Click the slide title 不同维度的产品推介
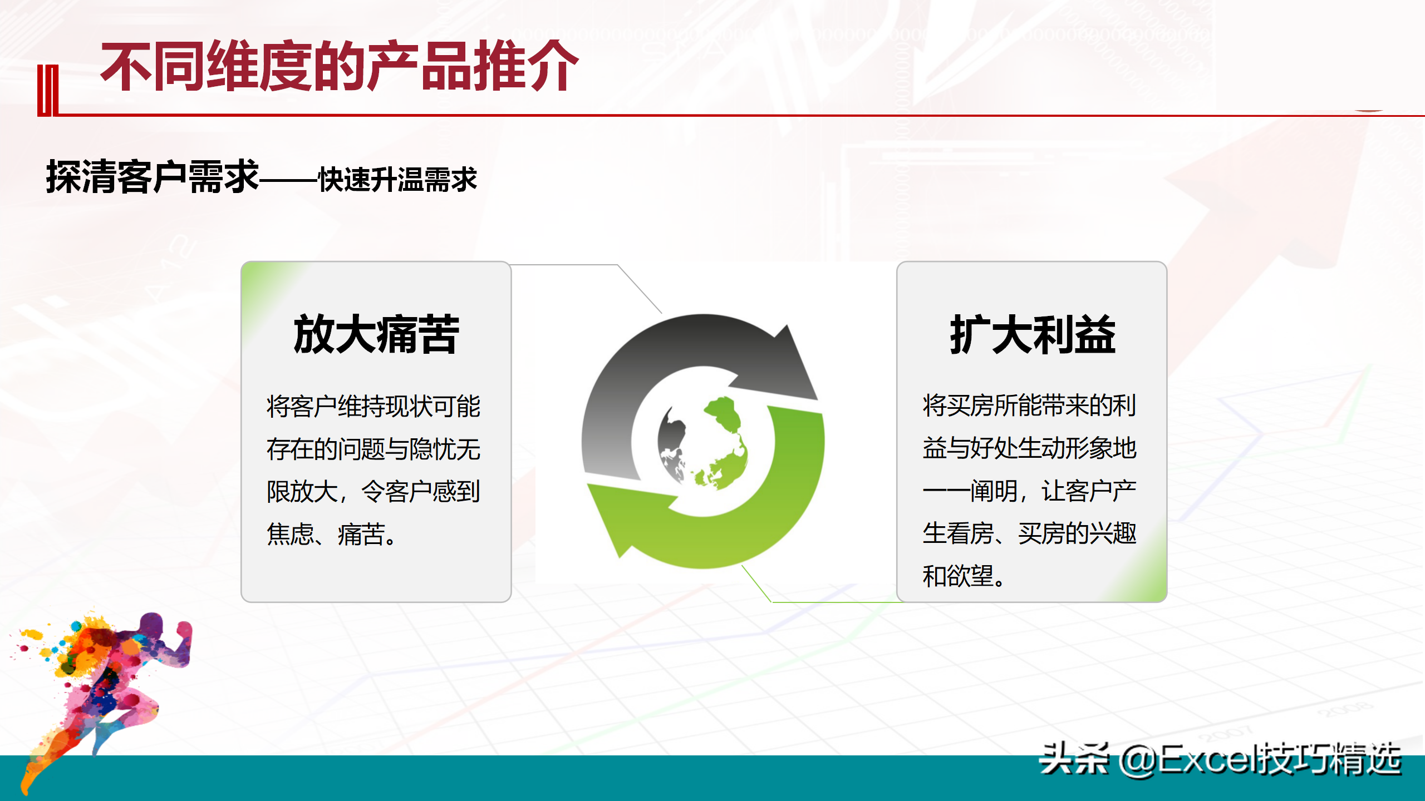click(x=340, y=67)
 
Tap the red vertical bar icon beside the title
click(x=48, y=91)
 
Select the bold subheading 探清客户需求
click(x=153, y=177)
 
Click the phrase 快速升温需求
click(x=397, y=180)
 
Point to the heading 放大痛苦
click(x=376, y=334)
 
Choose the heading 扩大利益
click(x=1033, y=334)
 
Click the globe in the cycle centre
click(x=702, y=442)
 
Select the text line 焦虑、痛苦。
click(x=332, y=535)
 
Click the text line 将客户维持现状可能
click(x=374, y=406)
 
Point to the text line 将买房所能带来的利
click(x=1029, y=405)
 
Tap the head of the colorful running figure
click(x=151, y=627)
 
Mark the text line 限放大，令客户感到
click(x=374, y=492)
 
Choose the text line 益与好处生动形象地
click(x=1029, y=448)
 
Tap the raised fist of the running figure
click(x=184, y=631)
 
